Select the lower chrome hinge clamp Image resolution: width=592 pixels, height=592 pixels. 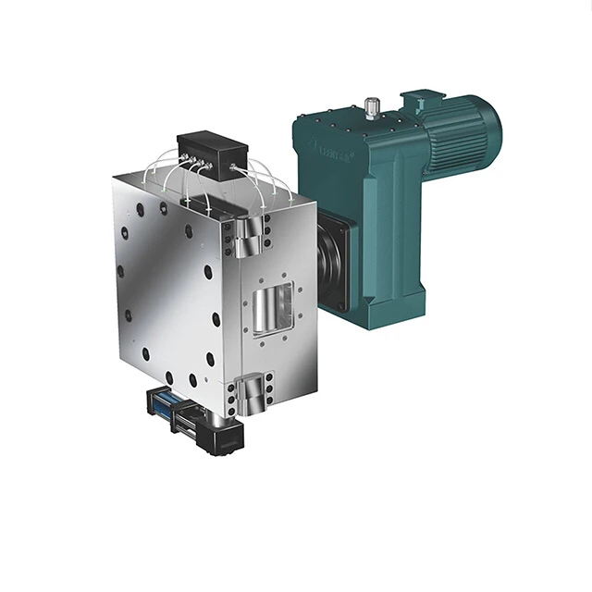tap(251, 393)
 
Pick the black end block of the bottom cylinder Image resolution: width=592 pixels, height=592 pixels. tap(222, 442)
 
